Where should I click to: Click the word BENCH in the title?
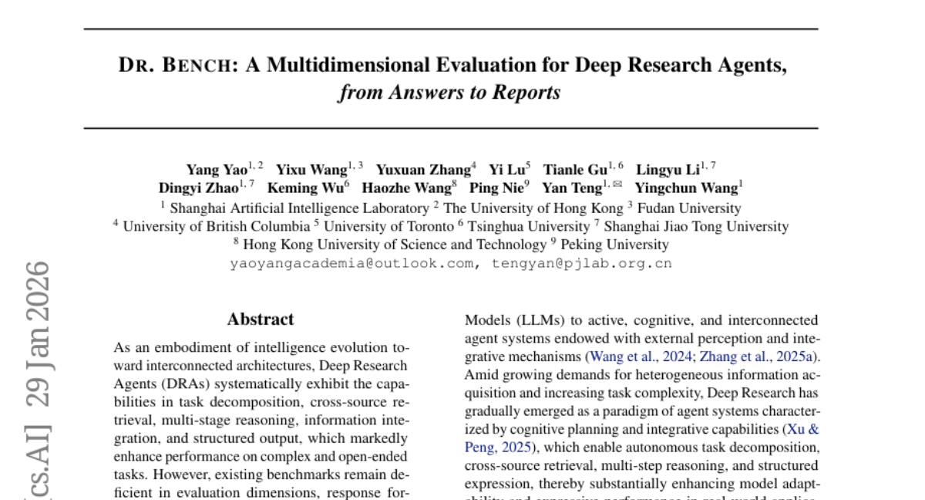pyautogui.click(x=197, y=66)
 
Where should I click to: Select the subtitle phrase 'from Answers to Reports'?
pyautogui.click(x=449, y=93)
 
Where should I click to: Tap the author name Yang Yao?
pyautogui.click(x=217, y=170)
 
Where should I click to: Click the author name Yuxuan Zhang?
pyautogui.click(x=423, y=170)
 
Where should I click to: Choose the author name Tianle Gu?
pyautogui.click(x=575, y=170)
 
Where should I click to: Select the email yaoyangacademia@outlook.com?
pyautogui.click(x=351, y=263)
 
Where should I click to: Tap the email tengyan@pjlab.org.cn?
pyautogui.click(x=582, y=263)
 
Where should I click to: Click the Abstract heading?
pyautogui.click(x=261, y=319)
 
